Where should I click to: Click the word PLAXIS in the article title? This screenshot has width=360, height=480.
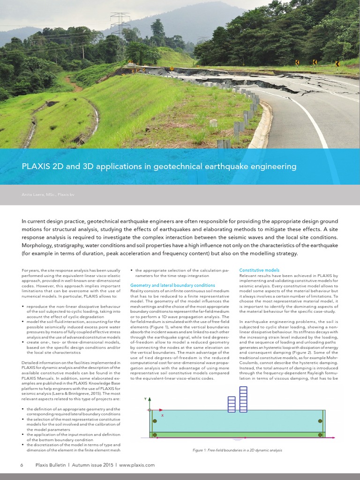point(36,166)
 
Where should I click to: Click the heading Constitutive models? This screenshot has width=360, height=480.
point(259,270)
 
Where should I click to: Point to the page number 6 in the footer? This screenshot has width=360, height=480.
point(22,465)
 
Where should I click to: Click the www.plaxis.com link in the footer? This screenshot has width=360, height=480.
point(137,465)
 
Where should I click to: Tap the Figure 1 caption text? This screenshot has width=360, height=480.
point(237,450)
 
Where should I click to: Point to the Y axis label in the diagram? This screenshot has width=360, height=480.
point(145,399)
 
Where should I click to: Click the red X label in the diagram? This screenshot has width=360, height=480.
point(162,415)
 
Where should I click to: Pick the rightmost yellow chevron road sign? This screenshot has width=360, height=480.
point(337,63)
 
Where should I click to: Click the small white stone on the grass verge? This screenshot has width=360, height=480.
point(214,123)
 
